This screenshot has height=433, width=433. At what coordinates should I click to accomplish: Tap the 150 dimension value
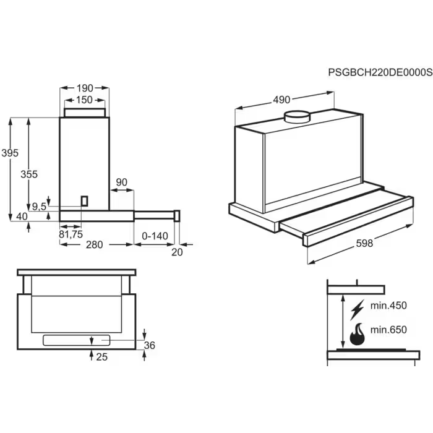pyautogui.click(x=85, y=100)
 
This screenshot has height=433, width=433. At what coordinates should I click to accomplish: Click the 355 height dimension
pyautogui.click(x=29, y=174)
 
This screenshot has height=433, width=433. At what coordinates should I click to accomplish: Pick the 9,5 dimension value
pyautogui.click(x=39, y=207)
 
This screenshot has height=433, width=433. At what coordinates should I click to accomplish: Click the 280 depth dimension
pyautogui.click(x=94, y=244)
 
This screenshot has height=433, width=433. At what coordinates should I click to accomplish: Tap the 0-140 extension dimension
pyautogui.click(x=155, y=236)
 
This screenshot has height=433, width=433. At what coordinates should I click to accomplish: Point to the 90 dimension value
pyautogui.click(x=122, y=182)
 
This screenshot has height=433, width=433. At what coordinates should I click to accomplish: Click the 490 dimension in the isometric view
pyautogui.click(x=281, y=100)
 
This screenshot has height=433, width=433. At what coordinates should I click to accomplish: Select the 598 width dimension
pyautogui.click(x=365, y=244)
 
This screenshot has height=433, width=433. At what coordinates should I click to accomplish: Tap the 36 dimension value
pyautogui.click(x=149, y=345)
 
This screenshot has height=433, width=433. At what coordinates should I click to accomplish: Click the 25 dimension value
pyautogui.click(x=103, y=358)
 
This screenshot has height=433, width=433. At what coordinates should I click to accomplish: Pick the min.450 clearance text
pyautogui.click(x=388, y=306)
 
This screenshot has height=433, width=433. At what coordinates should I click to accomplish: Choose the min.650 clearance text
pyautogui.click(x=388, y=330)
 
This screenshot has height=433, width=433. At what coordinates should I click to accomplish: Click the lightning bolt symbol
pyautogui.click(x=357, y=308)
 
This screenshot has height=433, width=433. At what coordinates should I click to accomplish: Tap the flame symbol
pyautogui.click(x=357, y=334)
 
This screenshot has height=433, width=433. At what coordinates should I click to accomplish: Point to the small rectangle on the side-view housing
pyautogui.click(x=85, y=202)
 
